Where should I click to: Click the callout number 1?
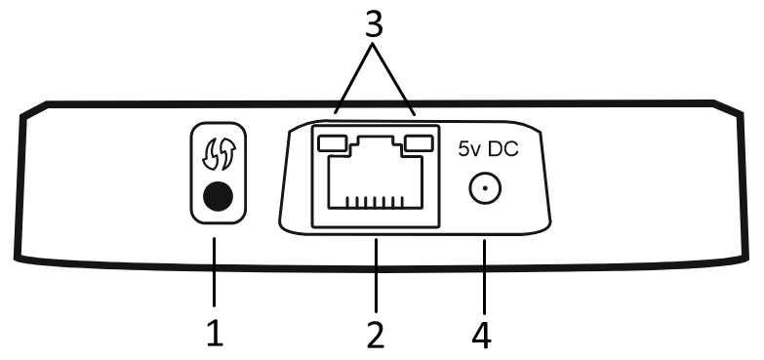[215, 336]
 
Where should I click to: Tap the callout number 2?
[376, 336]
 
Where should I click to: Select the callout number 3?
[374, 24]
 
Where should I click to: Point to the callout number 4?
[481, 336]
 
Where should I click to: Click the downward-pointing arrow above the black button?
[211, 155]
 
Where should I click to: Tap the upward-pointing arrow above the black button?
[228, 154]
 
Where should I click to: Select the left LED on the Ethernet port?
[333, 143]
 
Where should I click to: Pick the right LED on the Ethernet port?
[419, 143]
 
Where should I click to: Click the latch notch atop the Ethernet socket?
[376, 142]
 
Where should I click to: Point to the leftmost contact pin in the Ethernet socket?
[347, 202]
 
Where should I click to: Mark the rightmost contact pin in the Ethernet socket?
[402, 202]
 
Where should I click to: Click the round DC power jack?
[485, 188]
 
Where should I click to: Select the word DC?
[503, 149]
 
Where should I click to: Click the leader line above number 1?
[214, 272]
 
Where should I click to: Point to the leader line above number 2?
[376, 275]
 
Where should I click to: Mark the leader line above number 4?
[484, 277]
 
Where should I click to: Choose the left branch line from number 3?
[354, 79]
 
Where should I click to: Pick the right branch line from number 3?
[394, 79]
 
